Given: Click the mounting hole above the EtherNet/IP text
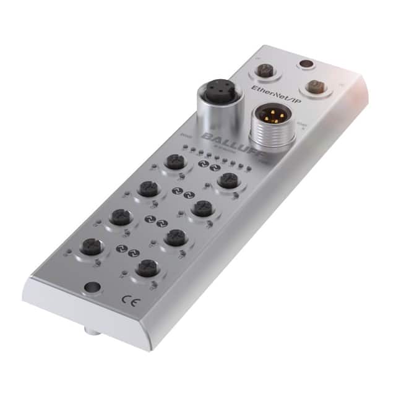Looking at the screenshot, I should (304, 64).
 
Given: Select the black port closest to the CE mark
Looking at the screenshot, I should (147, 268).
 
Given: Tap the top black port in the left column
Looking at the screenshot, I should (173, 163).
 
